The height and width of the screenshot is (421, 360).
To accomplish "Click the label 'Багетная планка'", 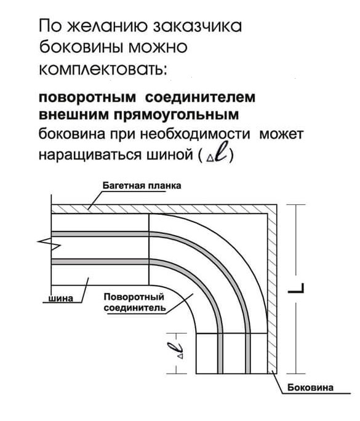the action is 142,186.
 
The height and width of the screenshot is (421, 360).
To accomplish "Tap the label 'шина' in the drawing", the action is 60,299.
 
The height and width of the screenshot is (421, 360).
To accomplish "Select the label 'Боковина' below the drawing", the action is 310,387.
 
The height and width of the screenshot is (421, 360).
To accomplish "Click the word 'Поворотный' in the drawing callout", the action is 134,297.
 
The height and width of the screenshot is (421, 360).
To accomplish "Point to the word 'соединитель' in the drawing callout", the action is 135,308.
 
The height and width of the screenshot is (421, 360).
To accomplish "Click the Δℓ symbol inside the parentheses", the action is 217,153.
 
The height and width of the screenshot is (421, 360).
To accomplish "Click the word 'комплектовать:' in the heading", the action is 103,70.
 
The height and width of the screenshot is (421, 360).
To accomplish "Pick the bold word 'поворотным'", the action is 87,97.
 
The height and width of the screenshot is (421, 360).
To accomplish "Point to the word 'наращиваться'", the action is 90,155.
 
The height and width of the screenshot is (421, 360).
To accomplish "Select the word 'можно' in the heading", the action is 158,47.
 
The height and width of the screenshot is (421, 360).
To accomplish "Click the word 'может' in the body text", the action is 281,134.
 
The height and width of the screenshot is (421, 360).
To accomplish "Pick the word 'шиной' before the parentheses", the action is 170,155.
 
